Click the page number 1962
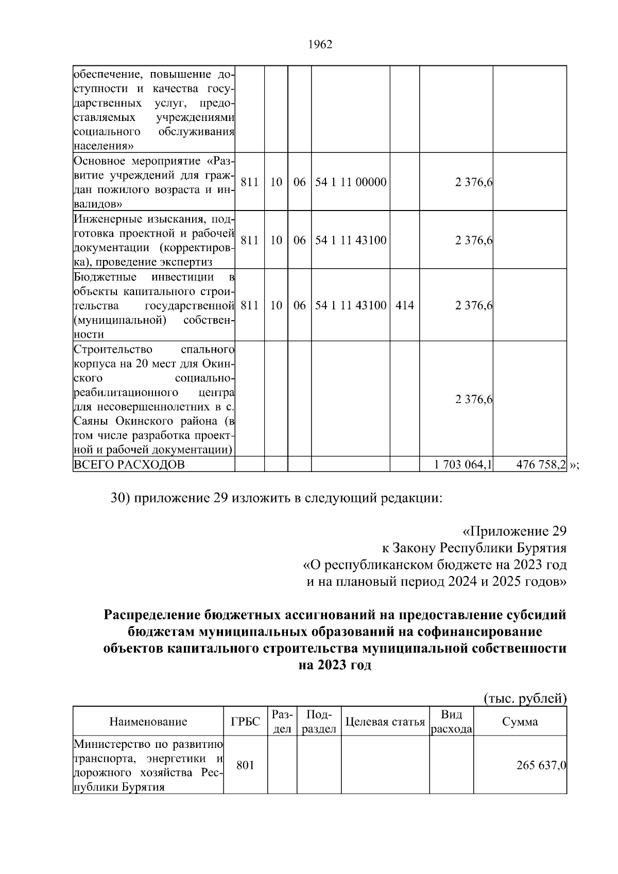tap(320, 45)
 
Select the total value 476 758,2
tap(541, 465)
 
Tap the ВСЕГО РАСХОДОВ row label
tap(129, 465)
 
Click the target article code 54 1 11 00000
tap(351, 182)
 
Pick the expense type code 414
tap(404, 305)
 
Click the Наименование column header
tap(148, 722)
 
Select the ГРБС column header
tap(246, 722)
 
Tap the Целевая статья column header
tap(385, 722)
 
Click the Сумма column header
tap(520, 722)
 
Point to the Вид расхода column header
tap(452, 722)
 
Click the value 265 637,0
tap(541, 765)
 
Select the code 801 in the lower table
tap(245, 765)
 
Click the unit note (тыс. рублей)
tap(525, 698)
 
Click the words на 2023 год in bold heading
tap(335, 665)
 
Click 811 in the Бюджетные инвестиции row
tap(249, 305)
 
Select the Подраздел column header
tap(319, 722)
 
